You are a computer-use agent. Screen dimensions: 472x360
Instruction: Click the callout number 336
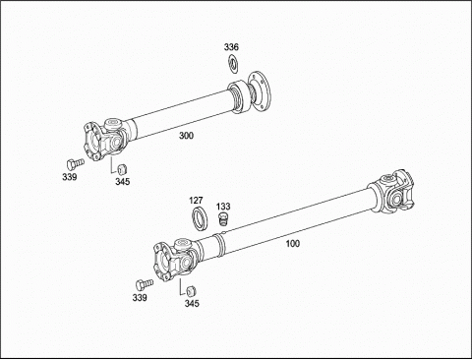click(231, 47)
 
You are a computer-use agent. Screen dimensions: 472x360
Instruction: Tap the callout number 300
click(186, 136)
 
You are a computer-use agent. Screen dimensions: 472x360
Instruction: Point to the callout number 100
click(293, 244)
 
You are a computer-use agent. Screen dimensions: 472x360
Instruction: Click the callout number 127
click(196, 201)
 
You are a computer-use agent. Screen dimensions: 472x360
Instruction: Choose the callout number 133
click(223, 207)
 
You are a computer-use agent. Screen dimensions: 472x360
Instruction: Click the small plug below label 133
click(223, 219)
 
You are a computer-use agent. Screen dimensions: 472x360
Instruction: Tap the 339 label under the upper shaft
click(70, 177)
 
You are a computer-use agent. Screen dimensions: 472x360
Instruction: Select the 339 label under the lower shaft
click(140, 298)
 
